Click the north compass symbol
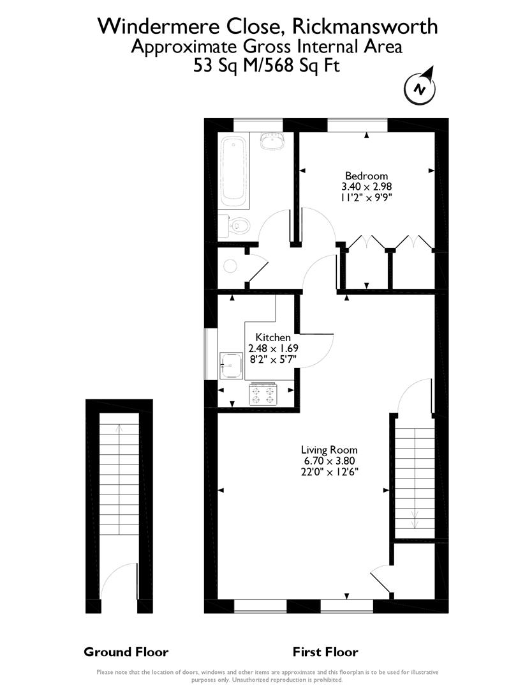click(x=420, y=88)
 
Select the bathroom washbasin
click(x=273, y=141)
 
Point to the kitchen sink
click(x=231, y=365)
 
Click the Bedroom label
click(x=366, y=176)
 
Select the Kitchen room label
click(x=273, y=337)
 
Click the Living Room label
click(x=329, y=450)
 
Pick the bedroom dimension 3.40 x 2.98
click(x=366, y=187)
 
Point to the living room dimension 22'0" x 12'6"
click(x=329, y=471)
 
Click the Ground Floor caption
click(x=126, y=652)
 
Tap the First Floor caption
click(x=325, y=652)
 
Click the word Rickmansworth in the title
click(x=365, y=26)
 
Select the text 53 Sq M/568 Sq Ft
click(x=267, y=66)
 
